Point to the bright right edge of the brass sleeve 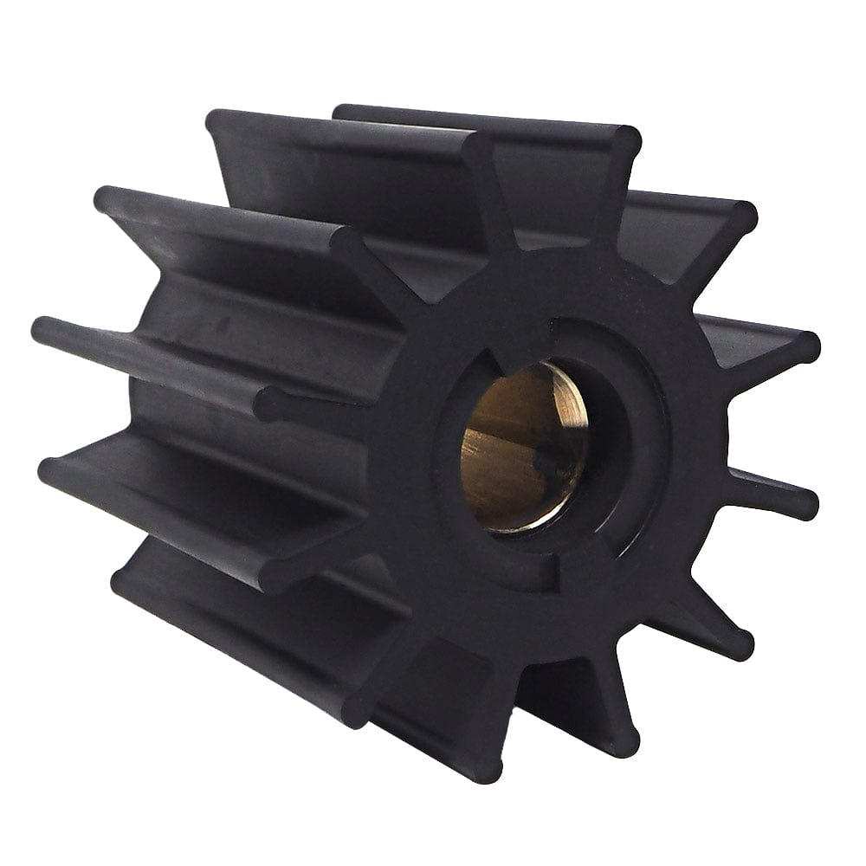coord(578,433)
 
